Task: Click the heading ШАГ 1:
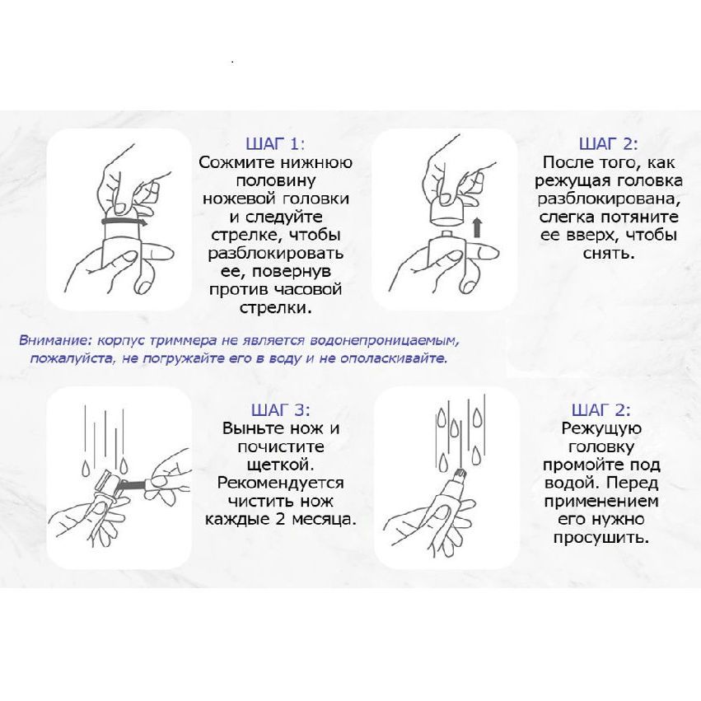pyautogui.click(x=275, y=144)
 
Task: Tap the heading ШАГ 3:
pyautogui.click(x=280, y=410)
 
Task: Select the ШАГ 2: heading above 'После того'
pyautogui.click(x=609, y=144)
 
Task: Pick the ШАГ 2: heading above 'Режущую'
pyautogui.click(x=601, y=410)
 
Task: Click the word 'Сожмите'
pyautogui.click(x=236, y=162)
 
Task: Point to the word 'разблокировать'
pyautogui.click(x=276, y=254)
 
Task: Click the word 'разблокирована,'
pyautogui.click(x=609, y=199)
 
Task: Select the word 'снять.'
pyautogui.click(x=609, y=254)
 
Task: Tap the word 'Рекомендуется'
pyautogui.click(x=280, y=484)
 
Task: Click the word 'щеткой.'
pyautogui.click(x=281, y=465)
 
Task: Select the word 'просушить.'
pyautogui.click(x=601, y=538)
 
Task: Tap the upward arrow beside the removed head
pyautogui.click(x=478, y=227)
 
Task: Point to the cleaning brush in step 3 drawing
pyautogui.click(x=134, y=484)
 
